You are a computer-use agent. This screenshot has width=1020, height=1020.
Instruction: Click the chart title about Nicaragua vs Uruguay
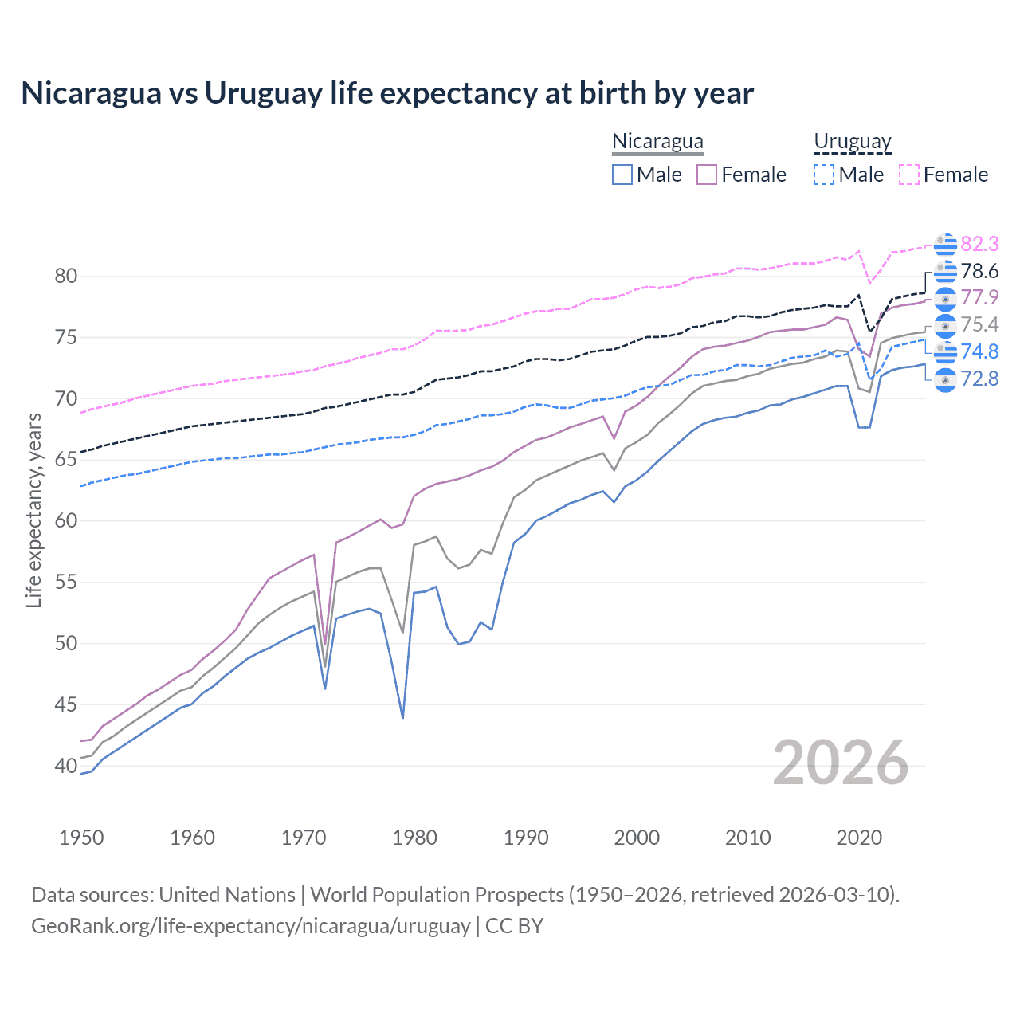coord(387,93)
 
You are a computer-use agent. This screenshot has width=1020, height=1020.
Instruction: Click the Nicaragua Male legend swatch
coord(622,175)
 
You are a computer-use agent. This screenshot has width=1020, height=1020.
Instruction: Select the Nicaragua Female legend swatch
coord(707,175)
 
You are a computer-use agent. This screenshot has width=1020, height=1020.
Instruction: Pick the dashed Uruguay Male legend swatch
coord(824,175)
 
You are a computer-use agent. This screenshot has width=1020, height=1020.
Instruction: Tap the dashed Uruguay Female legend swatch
coord(909,175)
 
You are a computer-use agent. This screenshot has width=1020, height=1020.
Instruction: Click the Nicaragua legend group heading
coord(657,142)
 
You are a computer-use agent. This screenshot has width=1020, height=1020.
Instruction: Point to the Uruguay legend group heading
coord(852,142)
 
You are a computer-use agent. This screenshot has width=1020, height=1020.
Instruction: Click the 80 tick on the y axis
coord(66,277)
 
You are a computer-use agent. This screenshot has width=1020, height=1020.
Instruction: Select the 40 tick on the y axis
coord(66,766)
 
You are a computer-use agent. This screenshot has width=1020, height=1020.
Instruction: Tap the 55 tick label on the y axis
coord(66,583)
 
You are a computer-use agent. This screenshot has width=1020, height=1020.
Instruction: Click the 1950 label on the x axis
coord(81,838)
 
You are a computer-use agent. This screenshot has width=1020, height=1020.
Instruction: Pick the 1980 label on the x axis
coord(414,838)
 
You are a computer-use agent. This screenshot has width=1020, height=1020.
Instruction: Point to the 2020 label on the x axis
coord(859,838)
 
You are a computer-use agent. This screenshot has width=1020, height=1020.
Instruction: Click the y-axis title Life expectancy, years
coord(34,510)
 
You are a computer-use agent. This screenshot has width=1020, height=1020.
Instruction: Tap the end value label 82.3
coord(979,244)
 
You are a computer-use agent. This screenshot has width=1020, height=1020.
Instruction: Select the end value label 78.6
coord(979,271)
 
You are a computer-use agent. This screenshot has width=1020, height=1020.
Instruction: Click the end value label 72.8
coord(979,379)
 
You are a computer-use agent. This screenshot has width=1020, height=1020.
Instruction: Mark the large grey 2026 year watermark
coord(841,763)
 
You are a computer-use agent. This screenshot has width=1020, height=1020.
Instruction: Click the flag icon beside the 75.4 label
coord(945,325)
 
